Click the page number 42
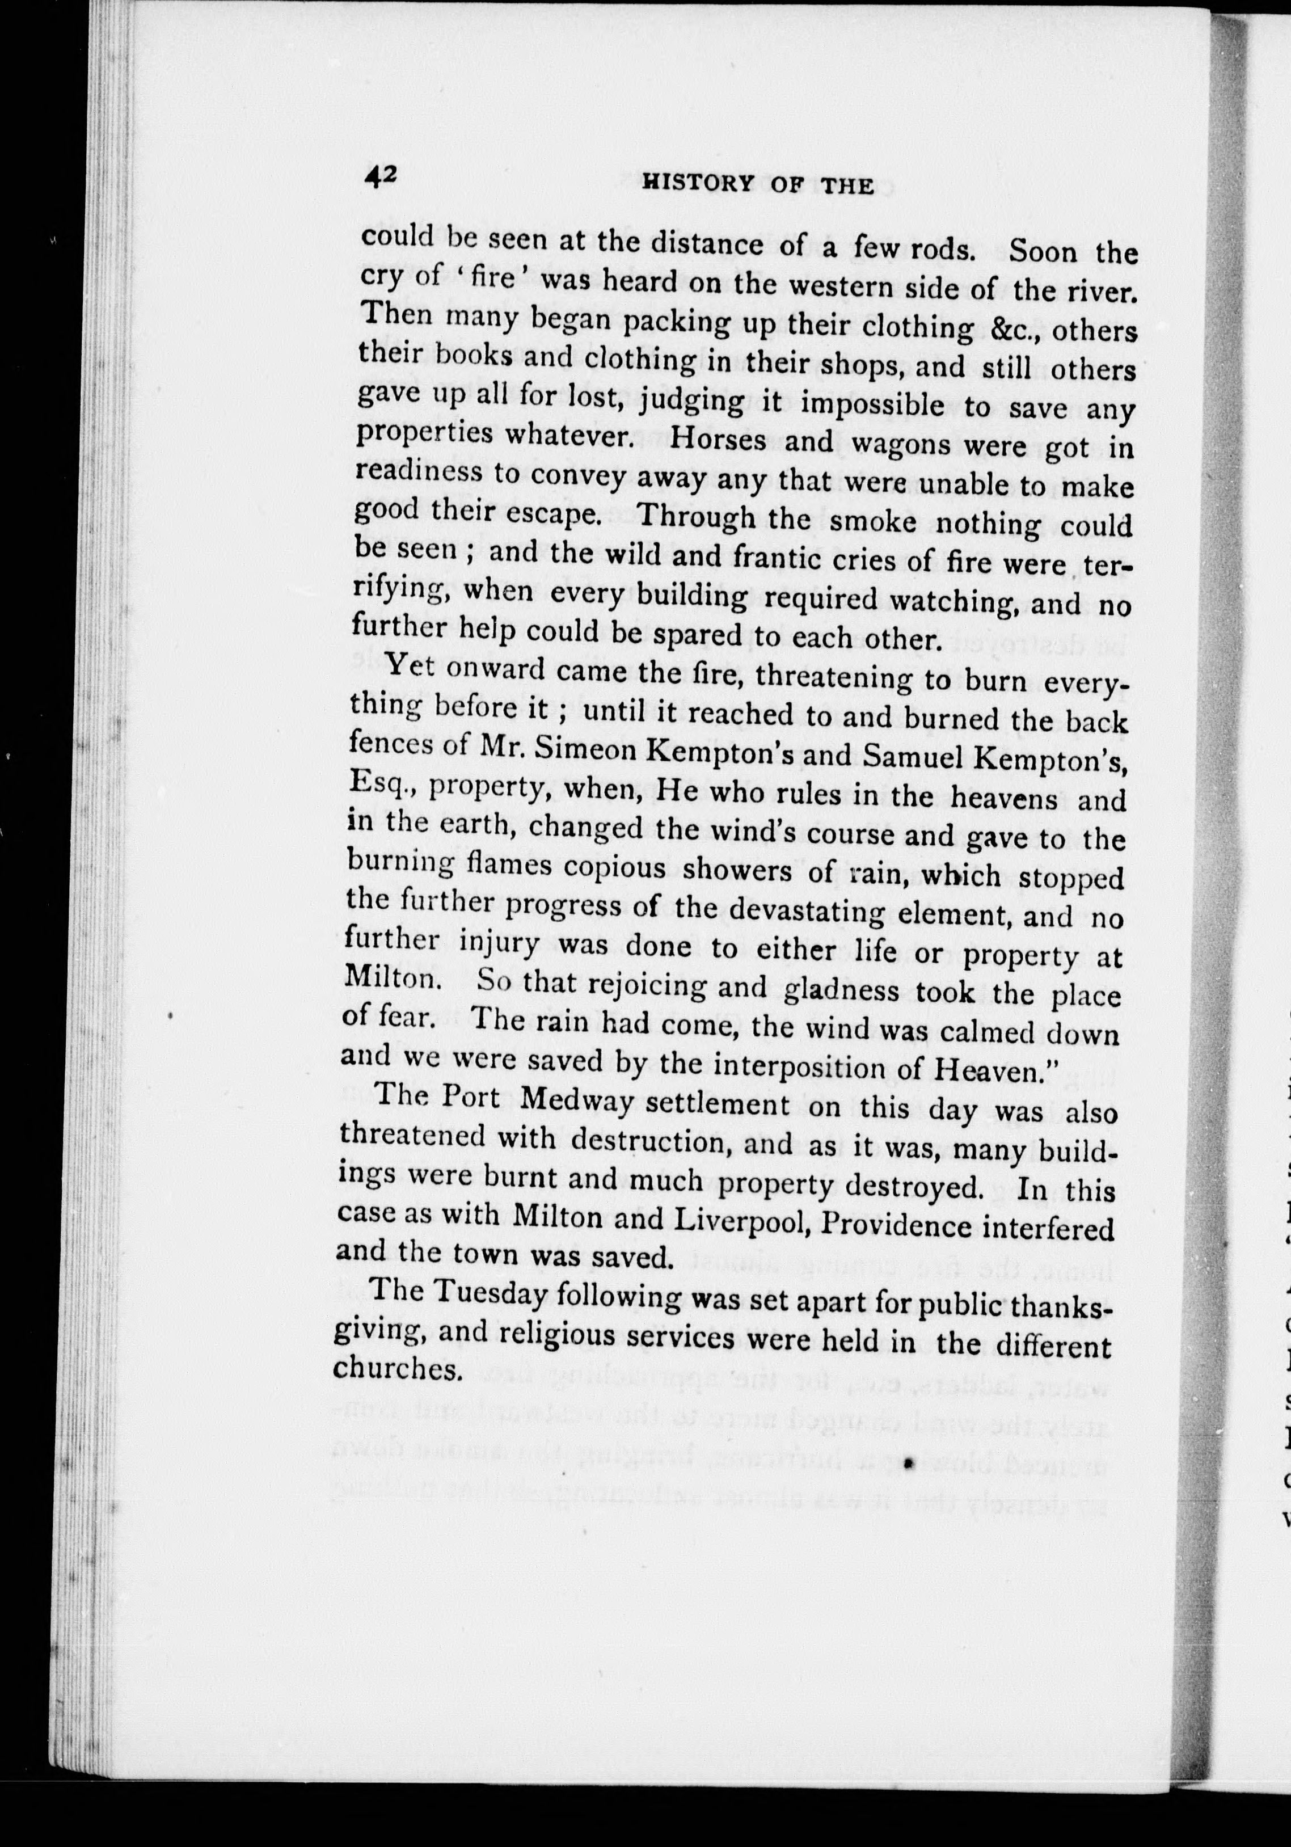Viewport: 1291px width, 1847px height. click(377, 178)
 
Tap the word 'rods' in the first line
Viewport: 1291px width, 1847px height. click(941, 248)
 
